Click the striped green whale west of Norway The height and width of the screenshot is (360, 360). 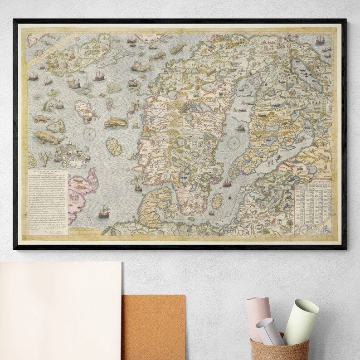pyautogui.click(x=114, y=123)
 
